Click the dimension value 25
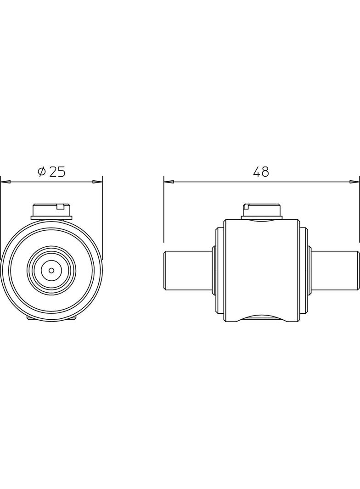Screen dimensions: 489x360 (x=57, y=172)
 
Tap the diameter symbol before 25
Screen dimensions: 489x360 (x=41, y=172)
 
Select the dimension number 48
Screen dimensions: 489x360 (x=261, y=172)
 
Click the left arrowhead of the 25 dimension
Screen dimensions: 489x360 (x=6, y=182)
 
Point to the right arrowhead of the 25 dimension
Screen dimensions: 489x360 (x=97, y=182)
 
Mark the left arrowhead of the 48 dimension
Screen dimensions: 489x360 (x=169, y=182)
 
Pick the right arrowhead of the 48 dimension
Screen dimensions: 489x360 (x=354, y=182)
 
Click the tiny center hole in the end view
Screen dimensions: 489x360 (x=51, y=270)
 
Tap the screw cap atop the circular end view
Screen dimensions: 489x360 (x=51, y=211)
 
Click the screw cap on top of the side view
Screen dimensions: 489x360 (x=261, y=211)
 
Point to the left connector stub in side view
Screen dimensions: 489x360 (x=187, y=270)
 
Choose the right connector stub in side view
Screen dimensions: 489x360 (x=335, y=270)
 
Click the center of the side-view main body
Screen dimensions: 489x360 (x=261, y=270)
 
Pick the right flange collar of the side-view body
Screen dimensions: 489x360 (x=304, y=270)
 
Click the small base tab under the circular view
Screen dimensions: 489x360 (x=51, y=317)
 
